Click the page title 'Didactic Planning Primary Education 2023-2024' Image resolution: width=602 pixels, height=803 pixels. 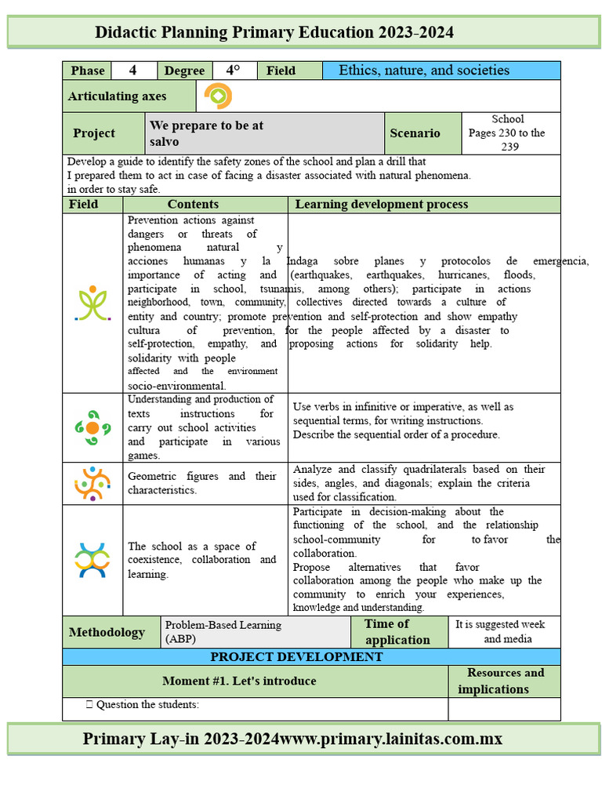click(x=274, y=32)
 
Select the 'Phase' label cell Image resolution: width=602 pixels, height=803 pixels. click(x=87, y=71)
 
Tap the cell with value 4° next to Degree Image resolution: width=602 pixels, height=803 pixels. click(x=233, y=71)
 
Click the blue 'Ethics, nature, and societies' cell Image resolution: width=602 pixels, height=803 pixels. click(x=441, y=71)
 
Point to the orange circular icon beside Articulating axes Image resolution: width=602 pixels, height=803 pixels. click(x=218, y=96)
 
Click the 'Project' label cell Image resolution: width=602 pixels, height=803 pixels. click(x=94, y=133)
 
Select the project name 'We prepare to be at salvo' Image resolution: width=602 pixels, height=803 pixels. click(x=206, y=133)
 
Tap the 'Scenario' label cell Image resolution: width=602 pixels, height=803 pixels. click(x=415, y=133)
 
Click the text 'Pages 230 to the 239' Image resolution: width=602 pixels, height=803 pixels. click(x=506, y=140)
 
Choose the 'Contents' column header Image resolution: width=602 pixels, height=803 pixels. click(x=193, y=205)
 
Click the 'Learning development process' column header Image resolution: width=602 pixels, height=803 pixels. click(x=381, y=205)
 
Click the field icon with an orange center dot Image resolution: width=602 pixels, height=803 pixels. click(x=92, y=427)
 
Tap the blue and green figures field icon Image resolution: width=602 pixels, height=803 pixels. click(x=92, y=560)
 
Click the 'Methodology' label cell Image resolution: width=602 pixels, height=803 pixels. click(x=107, y=633)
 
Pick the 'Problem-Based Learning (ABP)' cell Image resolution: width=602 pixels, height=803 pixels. click(x=223, y=632)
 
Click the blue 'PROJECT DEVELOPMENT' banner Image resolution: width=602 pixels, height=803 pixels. click(x=296, y=657)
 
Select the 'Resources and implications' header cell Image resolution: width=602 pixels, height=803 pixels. click(x=504, y=681)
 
